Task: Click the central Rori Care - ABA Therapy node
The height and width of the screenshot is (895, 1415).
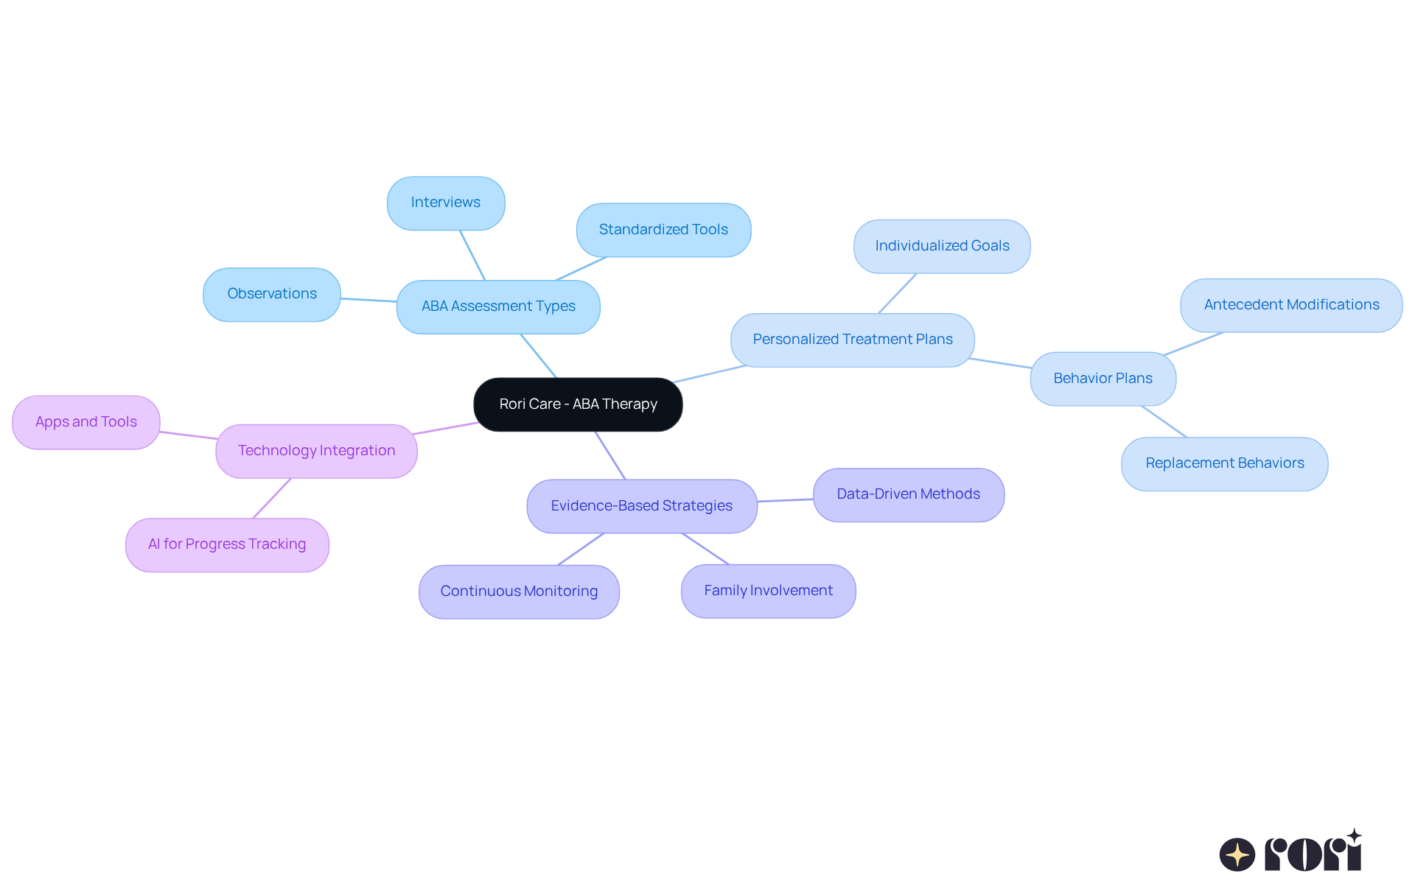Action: pyautogui.click(x=578, y=404)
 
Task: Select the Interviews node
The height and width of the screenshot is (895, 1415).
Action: pyautogui.click(x=446, y=203)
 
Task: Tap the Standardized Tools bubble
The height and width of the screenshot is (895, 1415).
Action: pyautogui.click(x=663, y=230)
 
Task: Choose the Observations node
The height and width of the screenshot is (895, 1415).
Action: pyautogui.click(x=272, y=294)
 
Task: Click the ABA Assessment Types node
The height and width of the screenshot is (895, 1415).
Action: pyautogui.click(x=498, y=306)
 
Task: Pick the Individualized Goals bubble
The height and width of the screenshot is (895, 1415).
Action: pyautogui.click(x=942, y=246)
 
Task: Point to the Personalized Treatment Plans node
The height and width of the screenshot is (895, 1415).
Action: pyautogui.click(x=852, y=340)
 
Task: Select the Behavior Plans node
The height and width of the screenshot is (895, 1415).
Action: pyautogui.click(x=1103, y=379)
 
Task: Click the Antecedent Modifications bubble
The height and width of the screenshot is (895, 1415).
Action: pyautogui.click(x=1291, y=305)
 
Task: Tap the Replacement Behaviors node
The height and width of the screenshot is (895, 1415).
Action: pyautogui.click(x=1224, y=463)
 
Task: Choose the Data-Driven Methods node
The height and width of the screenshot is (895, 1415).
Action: pyautogui.click(x=908, y=494)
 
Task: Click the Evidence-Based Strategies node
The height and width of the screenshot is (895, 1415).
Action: pyautogui.click(x=641, y=506)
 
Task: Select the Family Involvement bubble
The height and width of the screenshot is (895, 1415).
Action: pyautogui.click(x=768, y=591)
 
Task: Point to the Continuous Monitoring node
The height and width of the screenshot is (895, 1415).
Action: pyautogui.click(x=519, y=592)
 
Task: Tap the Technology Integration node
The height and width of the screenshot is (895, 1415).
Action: pyautogui.click(x=316, y=451)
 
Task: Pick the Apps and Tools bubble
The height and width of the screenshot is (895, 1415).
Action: pyautogui.click(x=86, y=422)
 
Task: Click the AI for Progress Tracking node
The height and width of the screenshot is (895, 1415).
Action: pyautogui.click(x=227, y=544)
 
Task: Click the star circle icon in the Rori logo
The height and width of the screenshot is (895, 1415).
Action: pyautogui.click(x=1237, y=854)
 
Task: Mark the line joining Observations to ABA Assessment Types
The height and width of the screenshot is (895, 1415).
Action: pyautogui.click(x=368, y=300)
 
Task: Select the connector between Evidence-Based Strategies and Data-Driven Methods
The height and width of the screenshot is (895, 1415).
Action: pyautogui.click(x=786, y=500)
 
